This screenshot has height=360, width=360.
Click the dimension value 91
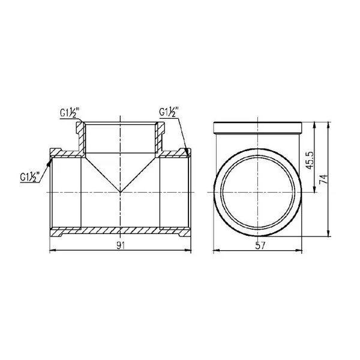tap(121, 245)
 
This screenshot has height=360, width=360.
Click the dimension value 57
tap(260, 245)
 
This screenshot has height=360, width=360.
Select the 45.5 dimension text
tap(310, 160)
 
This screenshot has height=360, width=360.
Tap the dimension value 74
tap(323, 179)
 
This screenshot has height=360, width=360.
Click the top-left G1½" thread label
tap(70, 113)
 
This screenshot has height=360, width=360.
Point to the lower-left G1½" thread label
tap(30, 177)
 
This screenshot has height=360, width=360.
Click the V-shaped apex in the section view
tap(121, 192)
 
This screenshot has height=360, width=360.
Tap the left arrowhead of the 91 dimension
tap(53, 250)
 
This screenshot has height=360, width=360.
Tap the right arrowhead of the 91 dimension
tap(188, 250)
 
